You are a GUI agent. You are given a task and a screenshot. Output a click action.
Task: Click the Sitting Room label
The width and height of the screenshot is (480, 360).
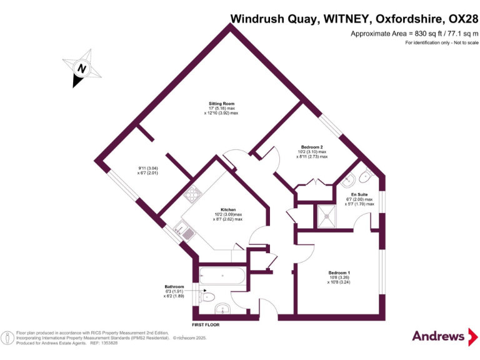pyautogui.click(x=221, y=103)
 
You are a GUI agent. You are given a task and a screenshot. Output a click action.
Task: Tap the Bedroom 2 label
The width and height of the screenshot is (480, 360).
pyautogui.click(x=311, y=147)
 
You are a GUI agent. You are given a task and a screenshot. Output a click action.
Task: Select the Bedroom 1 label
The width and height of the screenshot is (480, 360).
pyautogui.click(x=339, y=272)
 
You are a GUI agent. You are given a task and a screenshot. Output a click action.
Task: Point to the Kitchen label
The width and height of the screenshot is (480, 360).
pyautogui.click(x=227, y=209)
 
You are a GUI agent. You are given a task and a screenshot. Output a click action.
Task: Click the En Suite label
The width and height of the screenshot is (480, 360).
pyautogui.click(x=359, y=194)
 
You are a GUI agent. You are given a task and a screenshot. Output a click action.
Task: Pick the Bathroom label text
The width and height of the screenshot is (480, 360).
pyautogui.click(x=174, y=287)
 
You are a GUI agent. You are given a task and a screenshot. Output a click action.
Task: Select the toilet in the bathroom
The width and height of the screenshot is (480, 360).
pyautogui.click(x=209, y=296)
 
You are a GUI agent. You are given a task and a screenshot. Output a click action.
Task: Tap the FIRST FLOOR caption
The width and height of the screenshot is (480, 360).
pyautogui.click(x=206, y=325)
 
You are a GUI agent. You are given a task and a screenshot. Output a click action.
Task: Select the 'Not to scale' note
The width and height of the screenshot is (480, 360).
pyautogui.click(x=462, y=42)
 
